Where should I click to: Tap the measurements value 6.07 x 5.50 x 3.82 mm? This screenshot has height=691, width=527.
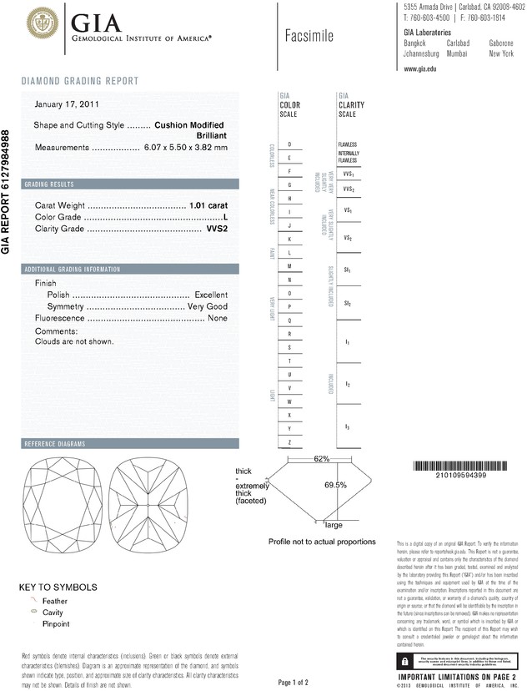(x=185, y=148)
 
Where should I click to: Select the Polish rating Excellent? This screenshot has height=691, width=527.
(x=210, y=295)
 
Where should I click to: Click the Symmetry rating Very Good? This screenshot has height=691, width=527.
(x=208, y=307)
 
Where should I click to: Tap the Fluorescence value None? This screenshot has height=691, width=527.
(x=218, y=319)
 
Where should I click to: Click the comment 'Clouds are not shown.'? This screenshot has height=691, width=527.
(x=74, y=341)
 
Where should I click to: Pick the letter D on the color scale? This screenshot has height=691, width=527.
(x=289, y=144)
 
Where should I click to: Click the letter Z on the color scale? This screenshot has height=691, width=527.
(x=289, y=441)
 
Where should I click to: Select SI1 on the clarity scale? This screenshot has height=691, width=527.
(x=348, y=271)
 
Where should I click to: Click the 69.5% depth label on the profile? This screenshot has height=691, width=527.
(x=335, y=485)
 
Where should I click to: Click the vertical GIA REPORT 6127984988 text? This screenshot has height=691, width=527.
(x=7, y=191)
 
